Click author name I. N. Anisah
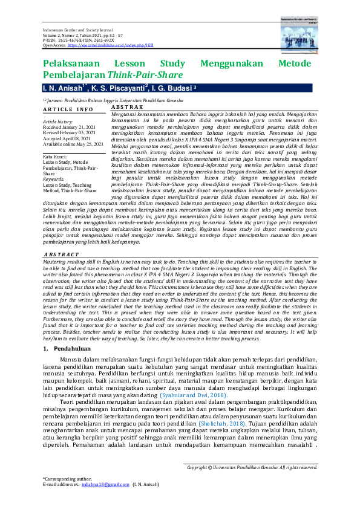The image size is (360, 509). click(x=60, y=88)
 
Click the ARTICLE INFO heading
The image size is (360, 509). click(x=68, y=109)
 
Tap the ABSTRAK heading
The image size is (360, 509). click(x=126, y=106)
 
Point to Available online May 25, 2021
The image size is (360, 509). click(x=76, y=144)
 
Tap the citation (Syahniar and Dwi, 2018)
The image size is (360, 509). click(x=193, y=377)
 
